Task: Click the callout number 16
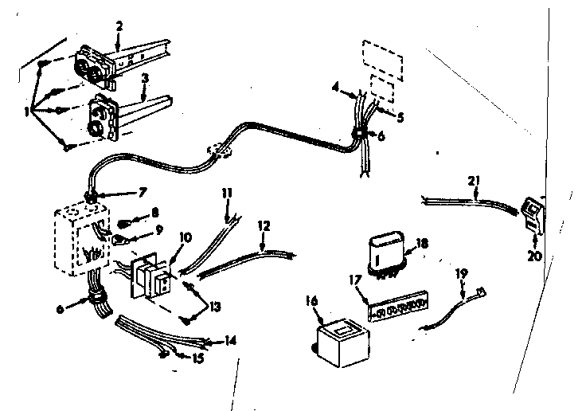point(311,300)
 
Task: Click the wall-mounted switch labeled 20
point(533,213)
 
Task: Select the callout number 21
point(475,182)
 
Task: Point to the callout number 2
point(118,27)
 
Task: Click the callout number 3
point(144,78)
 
